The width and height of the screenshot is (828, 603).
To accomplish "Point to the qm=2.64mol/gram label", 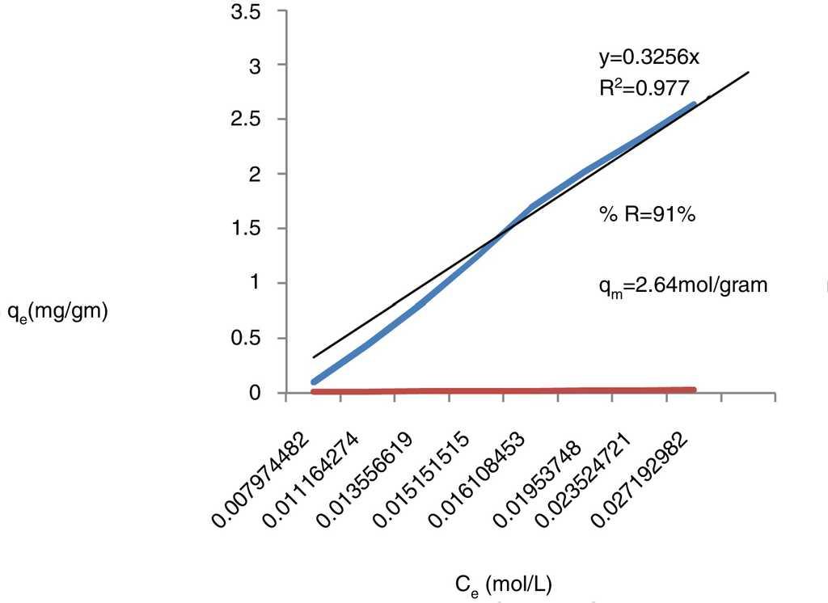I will pyautogui.click(x=682, y=285).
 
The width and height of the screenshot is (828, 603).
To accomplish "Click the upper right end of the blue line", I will pyautogui.click(x=693, y=105).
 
